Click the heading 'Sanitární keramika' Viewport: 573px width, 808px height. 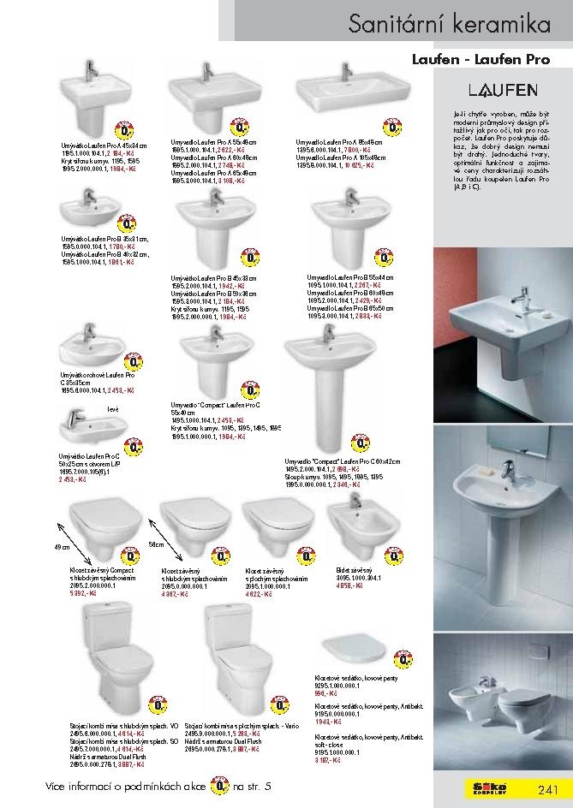(449, 25)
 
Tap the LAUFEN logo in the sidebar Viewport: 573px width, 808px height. (502, 89)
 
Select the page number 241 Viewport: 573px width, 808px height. (548, 788)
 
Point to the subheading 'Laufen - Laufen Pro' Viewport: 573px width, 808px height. (492, 61)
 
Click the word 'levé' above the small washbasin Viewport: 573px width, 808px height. (112, 411)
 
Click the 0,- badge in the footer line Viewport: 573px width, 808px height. (222, 785)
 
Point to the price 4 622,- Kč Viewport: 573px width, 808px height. (258, 592)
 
